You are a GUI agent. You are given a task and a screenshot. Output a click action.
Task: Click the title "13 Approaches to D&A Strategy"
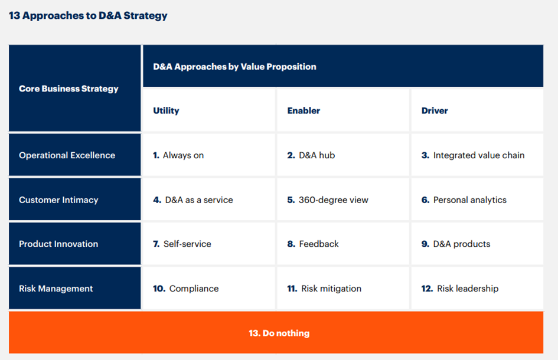click(88, 16)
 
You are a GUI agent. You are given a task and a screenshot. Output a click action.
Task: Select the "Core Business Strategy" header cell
click(75, 88)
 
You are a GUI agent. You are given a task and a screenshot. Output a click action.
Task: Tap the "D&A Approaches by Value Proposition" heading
click(234, 67)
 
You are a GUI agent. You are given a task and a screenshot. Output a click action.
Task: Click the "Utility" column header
click(166, 110)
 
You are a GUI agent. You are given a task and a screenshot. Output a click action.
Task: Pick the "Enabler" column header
click(304, 110)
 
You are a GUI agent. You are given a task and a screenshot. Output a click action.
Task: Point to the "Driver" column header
click(435, 110)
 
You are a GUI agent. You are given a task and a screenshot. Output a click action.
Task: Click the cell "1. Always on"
click(208, 155)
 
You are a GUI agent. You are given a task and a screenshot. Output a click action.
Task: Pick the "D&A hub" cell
click(343, 155)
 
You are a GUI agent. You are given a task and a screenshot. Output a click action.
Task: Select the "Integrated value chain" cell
click(477, 155)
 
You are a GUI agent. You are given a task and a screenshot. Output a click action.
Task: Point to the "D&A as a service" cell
click(208, 199)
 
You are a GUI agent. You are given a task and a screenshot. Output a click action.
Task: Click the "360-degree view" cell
click(343, 199)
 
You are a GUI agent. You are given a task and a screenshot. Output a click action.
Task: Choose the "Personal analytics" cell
click(477, 199)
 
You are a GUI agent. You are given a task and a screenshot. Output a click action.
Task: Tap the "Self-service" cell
click(208, 244)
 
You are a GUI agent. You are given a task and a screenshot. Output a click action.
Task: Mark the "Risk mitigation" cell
click(343, 288)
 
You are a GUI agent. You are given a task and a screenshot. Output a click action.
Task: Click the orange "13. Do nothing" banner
click(276, 332)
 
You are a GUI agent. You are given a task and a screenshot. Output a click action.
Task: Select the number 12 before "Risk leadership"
click(427, 289)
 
